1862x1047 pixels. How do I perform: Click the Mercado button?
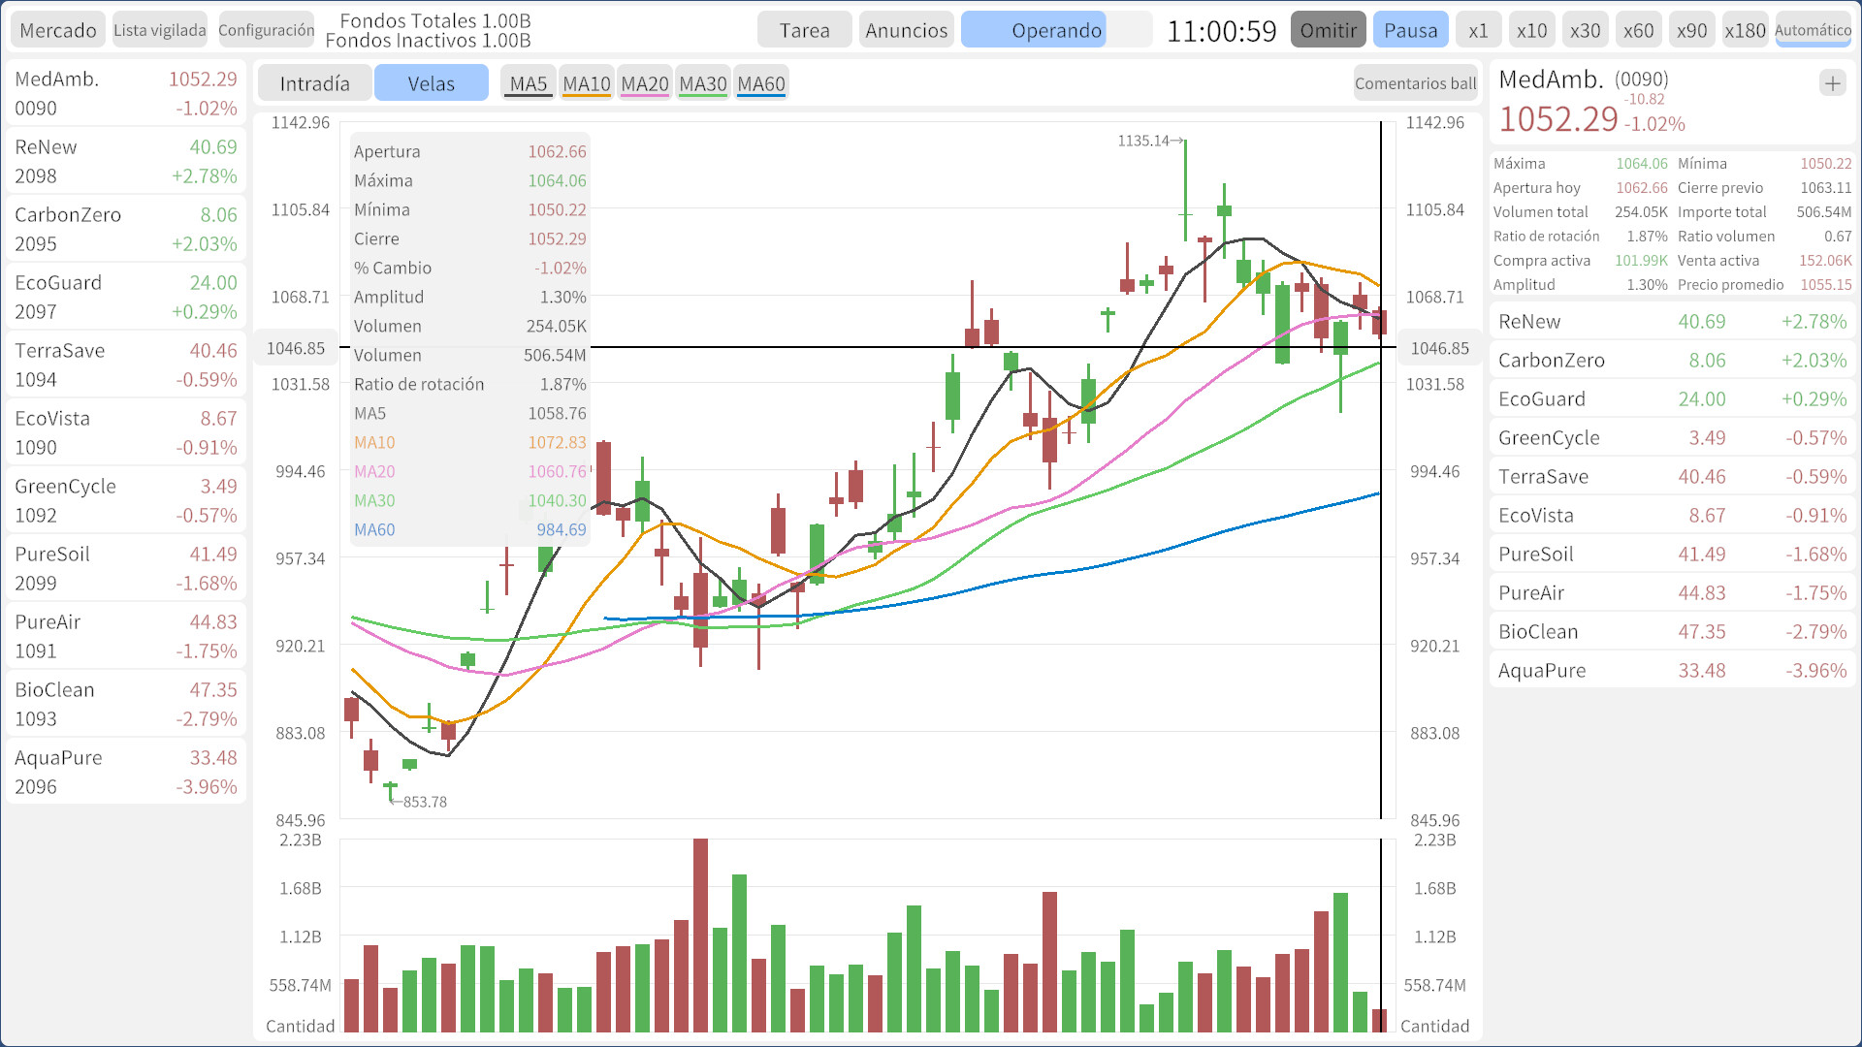pos(58,30)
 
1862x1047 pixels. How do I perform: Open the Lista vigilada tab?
pos(160,30)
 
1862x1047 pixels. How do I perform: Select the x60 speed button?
pos(1638,30)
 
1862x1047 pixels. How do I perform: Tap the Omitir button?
pos(1328,30)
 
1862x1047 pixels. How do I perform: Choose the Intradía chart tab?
pos(314,83)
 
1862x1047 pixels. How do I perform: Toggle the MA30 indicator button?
pos(702,83)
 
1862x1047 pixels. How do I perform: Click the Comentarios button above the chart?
pos(1415,83)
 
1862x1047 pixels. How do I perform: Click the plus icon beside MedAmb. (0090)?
pos(1832,83)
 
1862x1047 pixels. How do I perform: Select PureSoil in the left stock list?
pos(126,568)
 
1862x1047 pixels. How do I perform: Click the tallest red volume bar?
pos(700,935)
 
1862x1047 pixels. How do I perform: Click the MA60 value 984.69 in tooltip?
pos(561,529)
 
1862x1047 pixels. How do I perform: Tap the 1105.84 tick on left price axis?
pos(301,209)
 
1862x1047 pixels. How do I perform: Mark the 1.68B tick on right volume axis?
pos(1434,888)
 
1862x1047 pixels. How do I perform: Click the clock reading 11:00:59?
pos(1221,31)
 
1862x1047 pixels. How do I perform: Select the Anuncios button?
pos(906,30)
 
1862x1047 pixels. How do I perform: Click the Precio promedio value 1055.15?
pos(1825,284)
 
